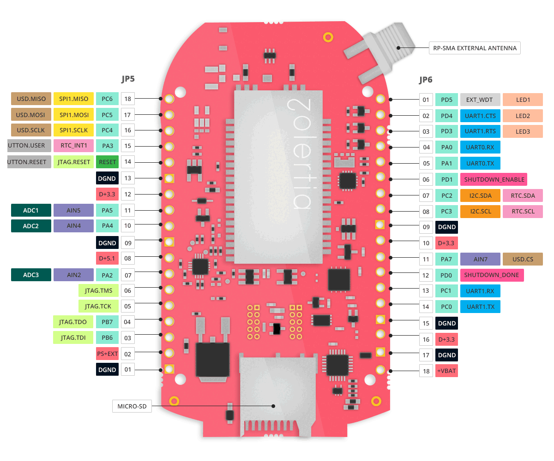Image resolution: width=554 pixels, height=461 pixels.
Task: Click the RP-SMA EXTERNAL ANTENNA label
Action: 475,48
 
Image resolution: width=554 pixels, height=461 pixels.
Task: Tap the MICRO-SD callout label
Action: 132,406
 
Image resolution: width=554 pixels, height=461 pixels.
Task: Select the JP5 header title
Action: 128,79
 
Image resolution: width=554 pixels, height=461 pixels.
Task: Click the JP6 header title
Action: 426,80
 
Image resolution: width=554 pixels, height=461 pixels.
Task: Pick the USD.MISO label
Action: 31,99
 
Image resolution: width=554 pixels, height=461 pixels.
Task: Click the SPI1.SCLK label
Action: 74,130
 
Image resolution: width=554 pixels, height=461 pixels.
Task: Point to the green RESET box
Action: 107,162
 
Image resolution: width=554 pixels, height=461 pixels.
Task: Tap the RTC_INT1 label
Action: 74,146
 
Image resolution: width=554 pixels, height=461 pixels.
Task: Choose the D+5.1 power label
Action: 107,258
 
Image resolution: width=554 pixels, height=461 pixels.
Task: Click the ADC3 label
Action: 31,275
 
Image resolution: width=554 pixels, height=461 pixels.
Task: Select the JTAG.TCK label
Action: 92,306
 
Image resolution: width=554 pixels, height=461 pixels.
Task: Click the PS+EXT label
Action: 107,354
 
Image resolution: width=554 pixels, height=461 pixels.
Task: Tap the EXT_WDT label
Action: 480,100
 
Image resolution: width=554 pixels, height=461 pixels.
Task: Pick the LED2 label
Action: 523,116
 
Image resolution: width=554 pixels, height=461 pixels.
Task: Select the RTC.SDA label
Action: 523,195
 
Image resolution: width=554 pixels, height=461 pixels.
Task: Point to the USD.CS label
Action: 523,259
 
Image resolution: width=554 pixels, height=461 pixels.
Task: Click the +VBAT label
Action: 446,371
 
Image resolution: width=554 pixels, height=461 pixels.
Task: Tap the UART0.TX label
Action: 480,163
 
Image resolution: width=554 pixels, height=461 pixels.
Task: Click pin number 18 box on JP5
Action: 128,99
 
